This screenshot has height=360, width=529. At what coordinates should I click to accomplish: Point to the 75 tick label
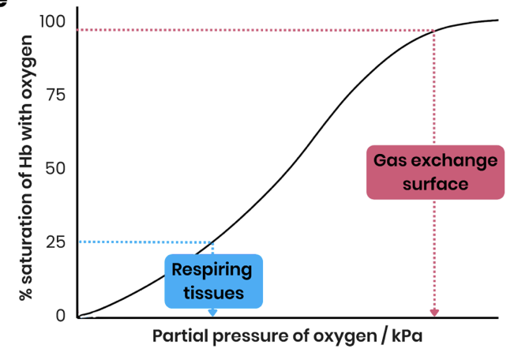(54, 95)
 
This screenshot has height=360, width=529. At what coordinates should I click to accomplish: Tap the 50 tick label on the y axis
(54, 168)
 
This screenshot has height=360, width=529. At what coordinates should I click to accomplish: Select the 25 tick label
(54, 242)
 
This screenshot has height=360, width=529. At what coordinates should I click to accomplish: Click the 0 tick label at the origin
(61, 315)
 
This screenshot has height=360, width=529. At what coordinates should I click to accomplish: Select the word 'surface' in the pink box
(435, 184)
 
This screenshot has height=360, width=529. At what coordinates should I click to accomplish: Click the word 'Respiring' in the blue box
(212, 270)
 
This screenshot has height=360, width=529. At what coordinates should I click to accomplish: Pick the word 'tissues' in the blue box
(212, 293)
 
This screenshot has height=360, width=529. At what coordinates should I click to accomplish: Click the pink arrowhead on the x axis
(434, 313)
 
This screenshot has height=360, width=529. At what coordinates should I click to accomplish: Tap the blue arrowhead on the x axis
(212, 313)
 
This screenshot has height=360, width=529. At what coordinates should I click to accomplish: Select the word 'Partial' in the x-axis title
(178, 337)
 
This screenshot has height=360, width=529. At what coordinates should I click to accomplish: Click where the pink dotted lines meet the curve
(434, 31)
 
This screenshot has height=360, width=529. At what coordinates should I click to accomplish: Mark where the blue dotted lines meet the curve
(213, 241)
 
